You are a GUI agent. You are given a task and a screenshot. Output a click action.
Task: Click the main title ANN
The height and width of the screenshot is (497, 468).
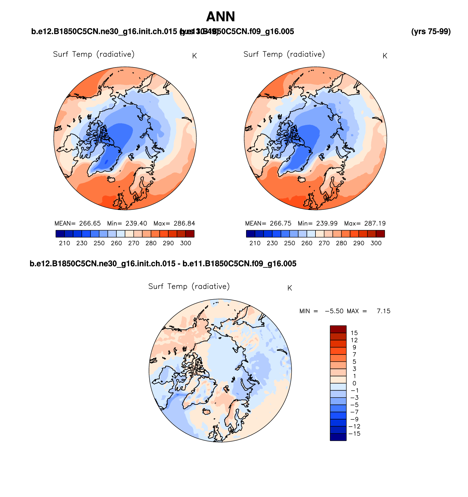[221, 17]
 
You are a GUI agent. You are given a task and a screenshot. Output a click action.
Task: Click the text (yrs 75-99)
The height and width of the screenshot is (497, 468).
[431, 32]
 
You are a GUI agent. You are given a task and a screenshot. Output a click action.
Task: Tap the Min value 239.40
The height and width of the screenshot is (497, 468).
[136, 224]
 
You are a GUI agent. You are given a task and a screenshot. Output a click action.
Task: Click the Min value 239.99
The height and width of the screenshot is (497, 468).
[327, 224]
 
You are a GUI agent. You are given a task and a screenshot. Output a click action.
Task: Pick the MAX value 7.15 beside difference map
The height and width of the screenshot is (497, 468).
[383, 311]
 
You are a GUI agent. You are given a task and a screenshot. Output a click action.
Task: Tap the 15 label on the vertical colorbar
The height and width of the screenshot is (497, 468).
[354, 333]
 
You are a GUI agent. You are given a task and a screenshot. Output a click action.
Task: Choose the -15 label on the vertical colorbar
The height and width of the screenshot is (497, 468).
[354, 434]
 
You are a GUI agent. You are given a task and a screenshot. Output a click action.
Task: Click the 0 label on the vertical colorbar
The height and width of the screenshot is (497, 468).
[354, 383]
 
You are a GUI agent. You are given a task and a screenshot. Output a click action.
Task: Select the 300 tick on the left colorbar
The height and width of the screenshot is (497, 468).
[186, 243]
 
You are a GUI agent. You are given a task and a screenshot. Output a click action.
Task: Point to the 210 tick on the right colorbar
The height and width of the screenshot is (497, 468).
[255, 243]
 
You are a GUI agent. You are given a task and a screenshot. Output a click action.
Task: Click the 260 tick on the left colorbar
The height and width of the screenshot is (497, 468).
[116, 243]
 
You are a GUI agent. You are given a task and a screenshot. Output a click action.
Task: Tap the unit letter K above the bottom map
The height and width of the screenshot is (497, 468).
[290, 288]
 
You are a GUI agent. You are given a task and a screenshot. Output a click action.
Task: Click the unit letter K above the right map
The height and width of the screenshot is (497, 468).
[385, 56]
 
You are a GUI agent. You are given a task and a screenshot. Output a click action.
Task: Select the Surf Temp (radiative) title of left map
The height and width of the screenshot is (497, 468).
[94, 54]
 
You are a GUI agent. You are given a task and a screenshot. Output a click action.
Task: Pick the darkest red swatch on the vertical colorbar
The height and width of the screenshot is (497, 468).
[338, 329]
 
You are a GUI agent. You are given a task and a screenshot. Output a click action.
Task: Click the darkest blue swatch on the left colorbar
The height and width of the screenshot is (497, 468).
[60, 234]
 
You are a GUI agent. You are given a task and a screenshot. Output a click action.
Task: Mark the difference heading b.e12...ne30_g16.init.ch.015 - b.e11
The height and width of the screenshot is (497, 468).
[163, 264]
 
